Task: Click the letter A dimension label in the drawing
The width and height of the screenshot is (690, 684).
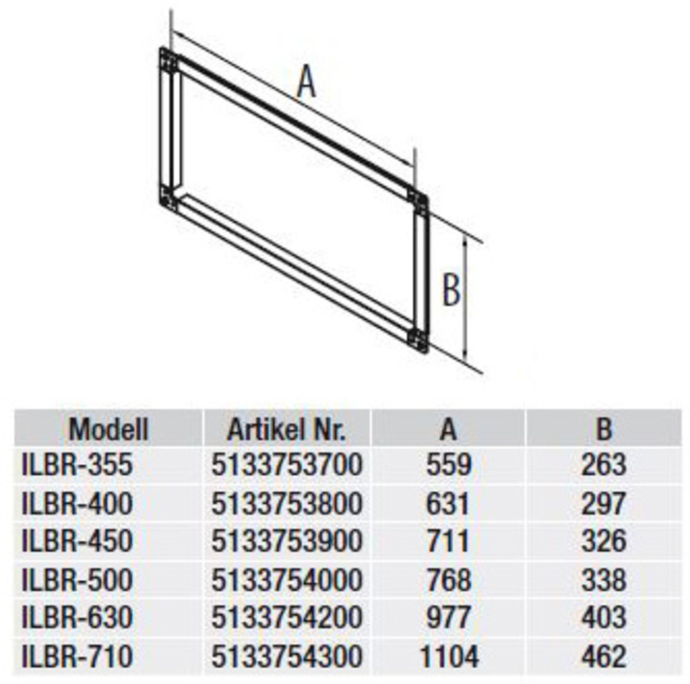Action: (x=307, y=82)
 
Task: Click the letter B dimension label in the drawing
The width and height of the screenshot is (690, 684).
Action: (x=451, y=289)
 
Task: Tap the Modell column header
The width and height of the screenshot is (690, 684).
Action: (x=109, y=429)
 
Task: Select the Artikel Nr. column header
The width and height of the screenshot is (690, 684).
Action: (x=286, y=429)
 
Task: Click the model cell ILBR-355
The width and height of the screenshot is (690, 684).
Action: (x=77, y=465)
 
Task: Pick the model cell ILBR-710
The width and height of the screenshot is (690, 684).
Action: (x=77, y=656)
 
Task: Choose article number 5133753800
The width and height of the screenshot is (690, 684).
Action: (x=287, y=503)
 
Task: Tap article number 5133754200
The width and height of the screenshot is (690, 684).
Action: (x=287, y=618)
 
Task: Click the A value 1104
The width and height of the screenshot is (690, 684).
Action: (x=449, y=656)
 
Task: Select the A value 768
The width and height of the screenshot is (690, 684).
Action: (x=449, y=580)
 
